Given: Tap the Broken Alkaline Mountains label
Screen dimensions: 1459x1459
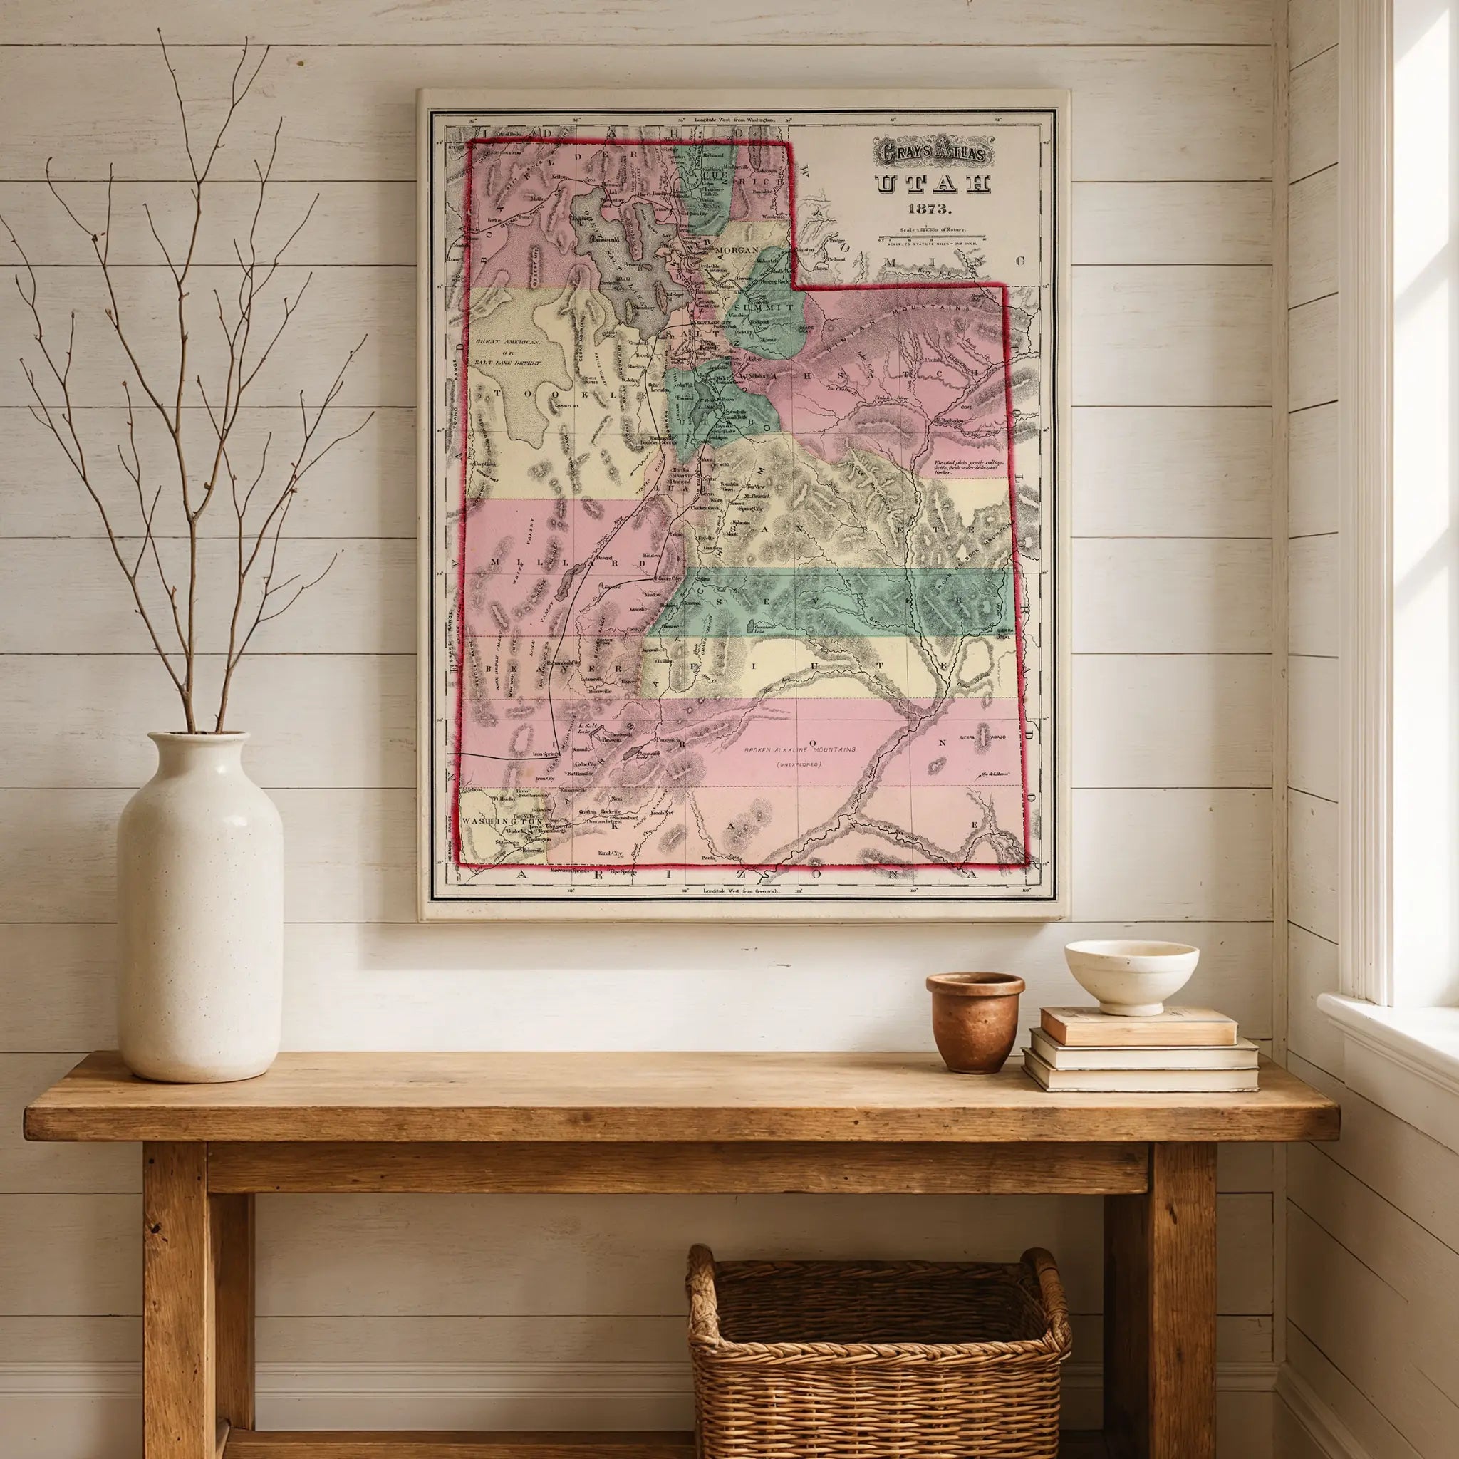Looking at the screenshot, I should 801,750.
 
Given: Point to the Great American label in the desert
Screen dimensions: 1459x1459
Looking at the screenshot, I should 504,341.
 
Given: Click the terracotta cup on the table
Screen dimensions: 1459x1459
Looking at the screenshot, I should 975,1021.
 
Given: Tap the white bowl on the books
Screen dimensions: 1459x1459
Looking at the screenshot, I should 1131,976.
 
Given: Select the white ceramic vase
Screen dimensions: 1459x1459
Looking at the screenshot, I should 200,905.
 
